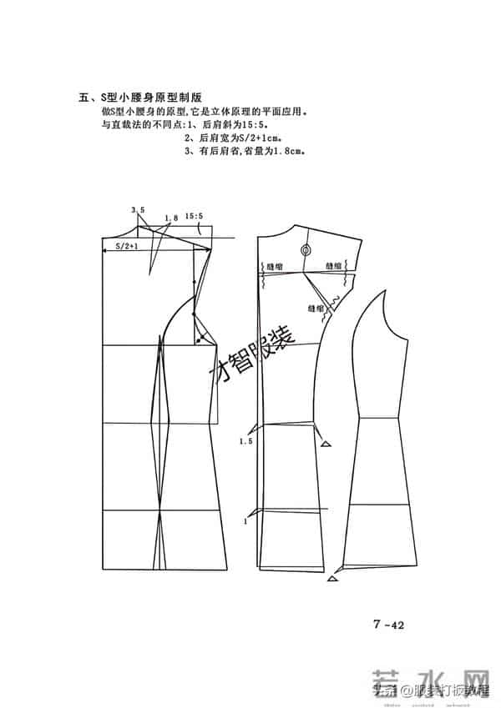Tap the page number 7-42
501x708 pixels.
coord(388,620)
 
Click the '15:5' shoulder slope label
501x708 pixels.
coord(195,215)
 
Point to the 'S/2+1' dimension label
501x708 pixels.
coord(126,247)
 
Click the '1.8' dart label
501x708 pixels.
coord(171,218)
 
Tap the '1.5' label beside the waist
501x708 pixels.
coord(245,439)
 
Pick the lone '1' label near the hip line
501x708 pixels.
coord(245,521)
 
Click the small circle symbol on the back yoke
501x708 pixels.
coord(305,249)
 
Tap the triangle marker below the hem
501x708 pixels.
coord(333,578)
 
